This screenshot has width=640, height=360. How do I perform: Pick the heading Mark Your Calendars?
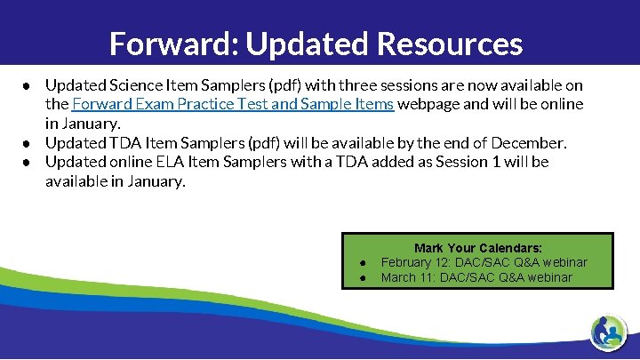(478, 248)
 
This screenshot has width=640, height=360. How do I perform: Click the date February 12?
(417, 262)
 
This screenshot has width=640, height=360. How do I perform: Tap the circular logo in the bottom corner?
(610, 332)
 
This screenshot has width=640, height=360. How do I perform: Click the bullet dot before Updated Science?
(28, 86)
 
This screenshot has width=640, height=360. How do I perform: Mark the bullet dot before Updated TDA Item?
(28, 143)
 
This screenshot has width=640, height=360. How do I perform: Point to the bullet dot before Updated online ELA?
(28, 162)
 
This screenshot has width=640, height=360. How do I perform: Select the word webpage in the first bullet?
(427, 104)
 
